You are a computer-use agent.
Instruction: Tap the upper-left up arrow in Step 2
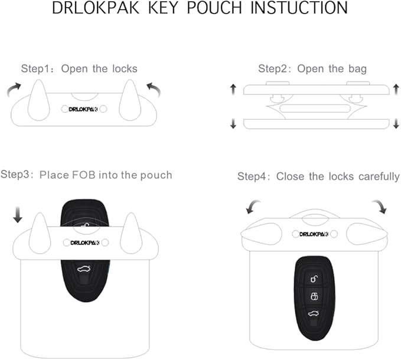[x=233, y=89]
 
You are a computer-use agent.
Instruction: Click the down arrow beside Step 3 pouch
[x=18, y=216]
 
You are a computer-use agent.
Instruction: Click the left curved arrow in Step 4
[x=253, y=207]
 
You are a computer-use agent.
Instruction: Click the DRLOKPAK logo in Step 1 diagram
[x=83, y=109]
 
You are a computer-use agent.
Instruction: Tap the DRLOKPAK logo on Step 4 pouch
[x=314, y=234]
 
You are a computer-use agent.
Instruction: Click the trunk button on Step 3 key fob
[x=84, y=268]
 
